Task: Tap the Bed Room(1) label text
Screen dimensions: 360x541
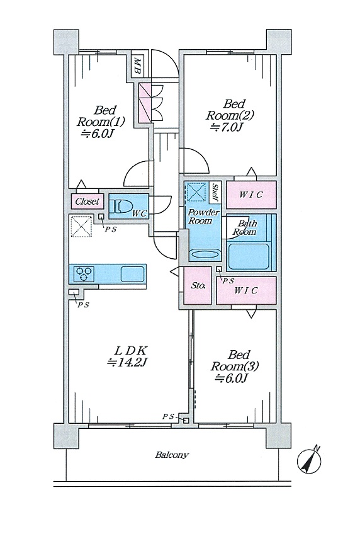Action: tap(101, 117)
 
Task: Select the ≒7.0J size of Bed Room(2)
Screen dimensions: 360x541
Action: tap(227, 128)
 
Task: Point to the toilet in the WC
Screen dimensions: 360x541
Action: tap(121, 207)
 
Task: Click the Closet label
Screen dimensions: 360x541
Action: tap(87, 201)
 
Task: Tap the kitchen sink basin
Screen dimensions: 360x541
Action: tap(132, 275)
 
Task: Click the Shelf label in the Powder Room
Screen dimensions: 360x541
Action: tap(215, 192)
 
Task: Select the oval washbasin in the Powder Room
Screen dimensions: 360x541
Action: tap(205, 254)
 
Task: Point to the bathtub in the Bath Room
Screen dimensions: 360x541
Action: tap(249, 257)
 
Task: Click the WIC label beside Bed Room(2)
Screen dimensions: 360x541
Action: tap(250, 195)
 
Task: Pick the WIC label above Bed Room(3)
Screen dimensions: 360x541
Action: tap(245, 290)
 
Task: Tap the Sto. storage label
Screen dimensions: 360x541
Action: tap(198, 286)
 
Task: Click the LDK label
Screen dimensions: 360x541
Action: tap(131, 351)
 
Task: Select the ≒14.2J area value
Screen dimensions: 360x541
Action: tap(128, 362)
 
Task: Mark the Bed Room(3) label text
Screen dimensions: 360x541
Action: tap(235, 360)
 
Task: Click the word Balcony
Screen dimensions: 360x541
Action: tap(172, 455)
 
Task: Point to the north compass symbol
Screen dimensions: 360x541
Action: tap(309, 460)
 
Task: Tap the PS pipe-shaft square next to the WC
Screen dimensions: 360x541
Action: tap(101, 217)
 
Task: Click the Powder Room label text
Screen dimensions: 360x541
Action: tap(203, 216)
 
